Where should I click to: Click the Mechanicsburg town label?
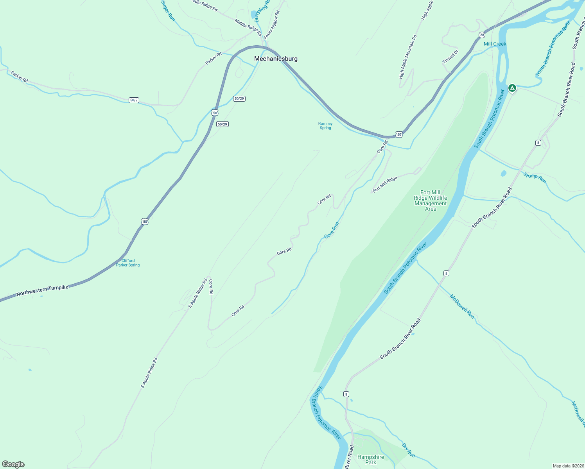276,59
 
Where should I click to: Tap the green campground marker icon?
512,88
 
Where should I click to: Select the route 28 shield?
482,35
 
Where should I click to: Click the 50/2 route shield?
134,100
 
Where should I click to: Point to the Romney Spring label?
325,125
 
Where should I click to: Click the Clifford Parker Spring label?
128,263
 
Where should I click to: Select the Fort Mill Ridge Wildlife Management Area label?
431,200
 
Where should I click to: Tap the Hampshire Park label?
370,460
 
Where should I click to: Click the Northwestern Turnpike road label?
42,290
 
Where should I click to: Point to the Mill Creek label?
495,44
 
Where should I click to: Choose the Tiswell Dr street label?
450,57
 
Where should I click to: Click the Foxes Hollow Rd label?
271,25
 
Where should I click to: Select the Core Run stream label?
332,230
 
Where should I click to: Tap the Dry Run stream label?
408,450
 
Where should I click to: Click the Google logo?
13,464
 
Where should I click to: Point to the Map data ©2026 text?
568,466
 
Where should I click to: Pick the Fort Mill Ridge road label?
385,184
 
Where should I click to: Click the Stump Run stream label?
535,178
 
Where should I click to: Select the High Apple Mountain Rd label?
407,57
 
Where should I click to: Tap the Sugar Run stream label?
168,11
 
